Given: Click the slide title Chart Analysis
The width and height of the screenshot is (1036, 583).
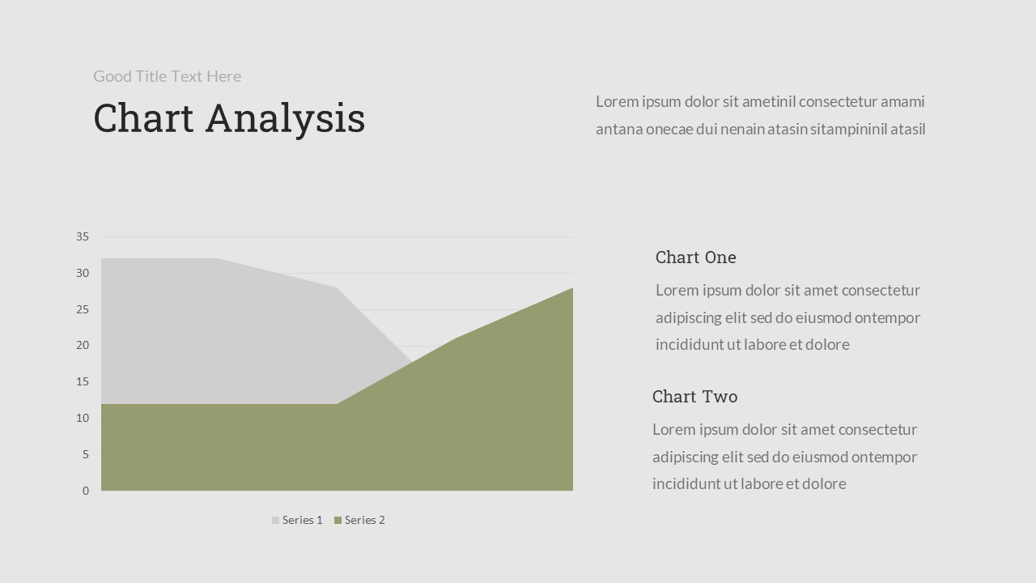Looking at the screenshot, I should click(229, 118).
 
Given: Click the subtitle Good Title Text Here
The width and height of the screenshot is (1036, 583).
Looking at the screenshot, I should click(167, 76).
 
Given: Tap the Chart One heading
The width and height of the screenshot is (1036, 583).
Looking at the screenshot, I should click(695, 257).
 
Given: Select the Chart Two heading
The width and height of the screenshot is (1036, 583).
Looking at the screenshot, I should click(694, 397).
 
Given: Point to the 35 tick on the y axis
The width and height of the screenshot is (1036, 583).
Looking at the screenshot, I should click(83, 237).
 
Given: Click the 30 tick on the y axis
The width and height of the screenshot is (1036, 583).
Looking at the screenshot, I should click(83, 274).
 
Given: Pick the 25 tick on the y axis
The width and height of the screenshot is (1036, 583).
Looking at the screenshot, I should click(83, 310).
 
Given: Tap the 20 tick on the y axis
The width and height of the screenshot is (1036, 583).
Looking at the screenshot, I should click(83, 346).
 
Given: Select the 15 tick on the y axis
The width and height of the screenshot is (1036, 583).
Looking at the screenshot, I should click(83, 382).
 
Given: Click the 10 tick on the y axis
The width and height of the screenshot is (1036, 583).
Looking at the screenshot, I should click(83, 419).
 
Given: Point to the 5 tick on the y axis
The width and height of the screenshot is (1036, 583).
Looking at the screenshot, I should click(85, 455).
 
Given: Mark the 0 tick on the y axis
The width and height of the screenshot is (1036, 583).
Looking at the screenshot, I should click(86, 491).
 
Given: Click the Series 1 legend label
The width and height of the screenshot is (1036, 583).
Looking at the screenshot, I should click(302, 520).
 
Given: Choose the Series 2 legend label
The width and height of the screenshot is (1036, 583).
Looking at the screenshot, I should click(364, 520).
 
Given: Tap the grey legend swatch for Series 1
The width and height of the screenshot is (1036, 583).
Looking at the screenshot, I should click(275, 520).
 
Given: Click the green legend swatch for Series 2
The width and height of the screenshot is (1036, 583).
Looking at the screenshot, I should click(338, 520).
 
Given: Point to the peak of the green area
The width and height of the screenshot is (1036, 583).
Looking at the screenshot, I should click(571, 289).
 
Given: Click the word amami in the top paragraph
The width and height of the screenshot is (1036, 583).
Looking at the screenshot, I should click(902, 102).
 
